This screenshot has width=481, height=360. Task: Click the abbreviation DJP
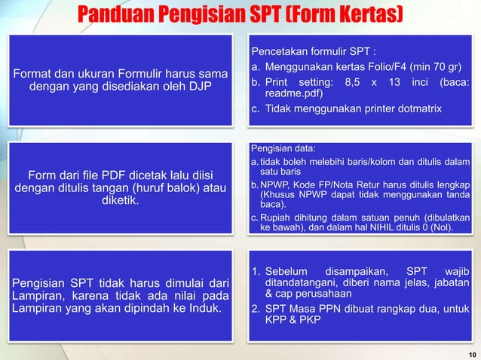pyautogui.click(x=197, y=88)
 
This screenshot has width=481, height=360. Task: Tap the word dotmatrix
pyautogui.click(x=412, y=110)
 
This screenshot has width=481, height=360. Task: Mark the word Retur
pyautogui.click(x=366, y=185)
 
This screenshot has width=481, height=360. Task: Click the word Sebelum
pyautogui.click(x=291, y=271)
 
